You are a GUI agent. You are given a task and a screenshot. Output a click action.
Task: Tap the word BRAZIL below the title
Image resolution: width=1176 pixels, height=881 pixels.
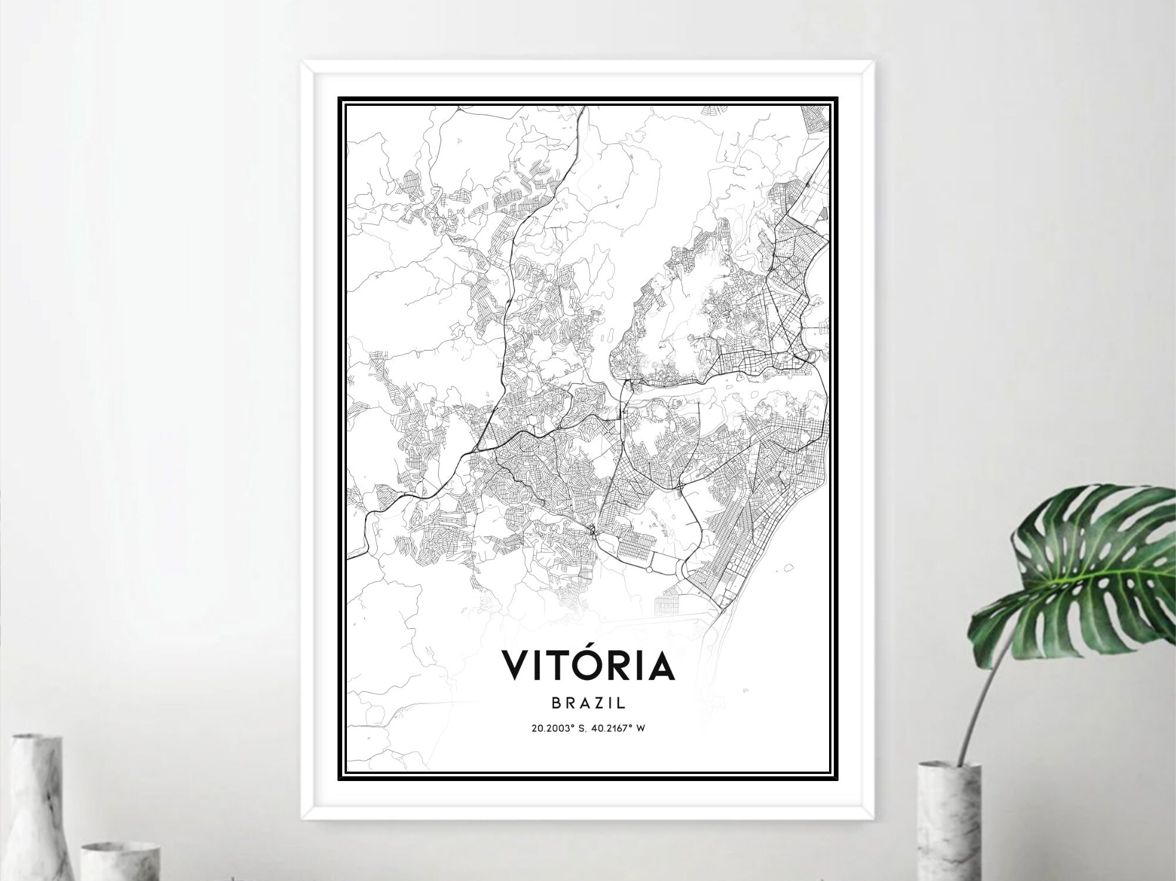tap(587, 702)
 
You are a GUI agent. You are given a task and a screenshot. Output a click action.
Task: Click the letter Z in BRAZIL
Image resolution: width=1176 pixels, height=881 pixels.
tap(594, 702)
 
